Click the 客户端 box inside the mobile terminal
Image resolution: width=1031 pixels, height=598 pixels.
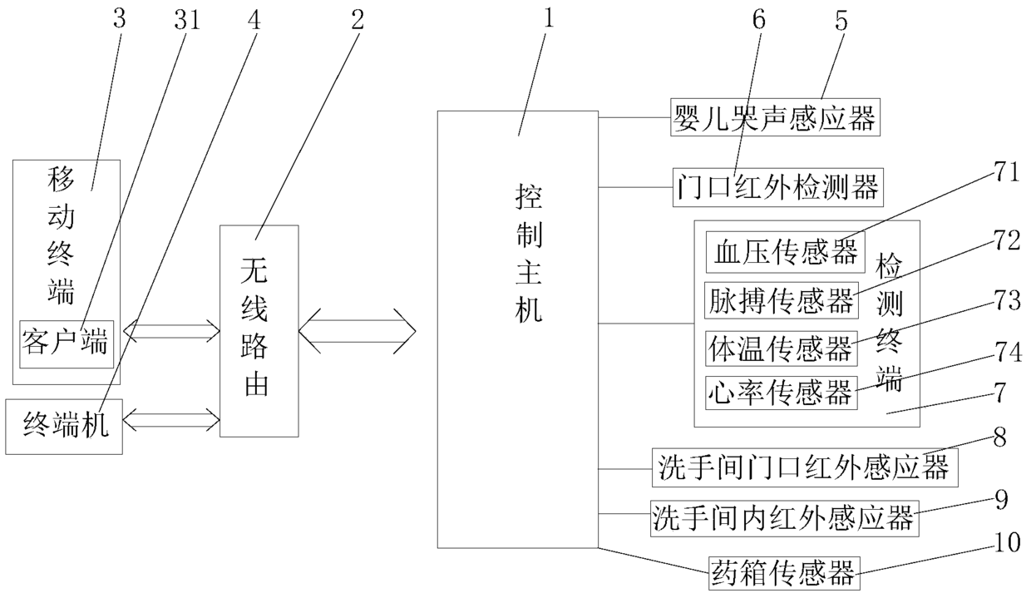tap(67, 343)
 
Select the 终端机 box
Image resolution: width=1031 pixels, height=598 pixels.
tap(64, 427)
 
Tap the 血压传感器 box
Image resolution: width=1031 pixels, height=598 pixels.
tap(785, 252)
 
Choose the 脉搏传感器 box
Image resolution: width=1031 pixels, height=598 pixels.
tap(781, 300)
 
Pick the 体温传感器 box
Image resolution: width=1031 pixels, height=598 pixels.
tap(781, 348)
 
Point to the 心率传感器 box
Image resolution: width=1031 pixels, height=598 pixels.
tap(781, 393)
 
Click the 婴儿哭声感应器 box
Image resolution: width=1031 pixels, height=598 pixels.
tap(775, 117)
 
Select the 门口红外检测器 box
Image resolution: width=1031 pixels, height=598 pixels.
tap(778, 187)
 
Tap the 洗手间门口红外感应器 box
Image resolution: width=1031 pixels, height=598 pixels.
tap(805, 467)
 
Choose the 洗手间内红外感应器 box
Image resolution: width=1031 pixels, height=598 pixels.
tap(784, 518)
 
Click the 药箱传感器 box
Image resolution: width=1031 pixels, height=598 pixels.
tap(784, 573)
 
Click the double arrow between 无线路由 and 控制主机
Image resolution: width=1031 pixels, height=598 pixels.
tap(358, 331)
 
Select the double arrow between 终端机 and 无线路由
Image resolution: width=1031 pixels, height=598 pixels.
tap(171, 419)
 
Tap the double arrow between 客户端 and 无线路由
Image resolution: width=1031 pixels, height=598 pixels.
tap(171, 330)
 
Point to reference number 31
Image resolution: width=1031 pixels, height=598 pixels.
tap(187, 20)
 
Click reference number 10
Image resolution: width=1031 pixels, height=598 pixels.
tap(1007, 542)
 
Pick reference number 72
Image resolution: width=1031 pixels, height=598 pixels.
tap(1007, 240)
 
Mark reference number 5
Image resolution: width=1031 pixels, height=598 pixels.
tap(841, 20)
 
